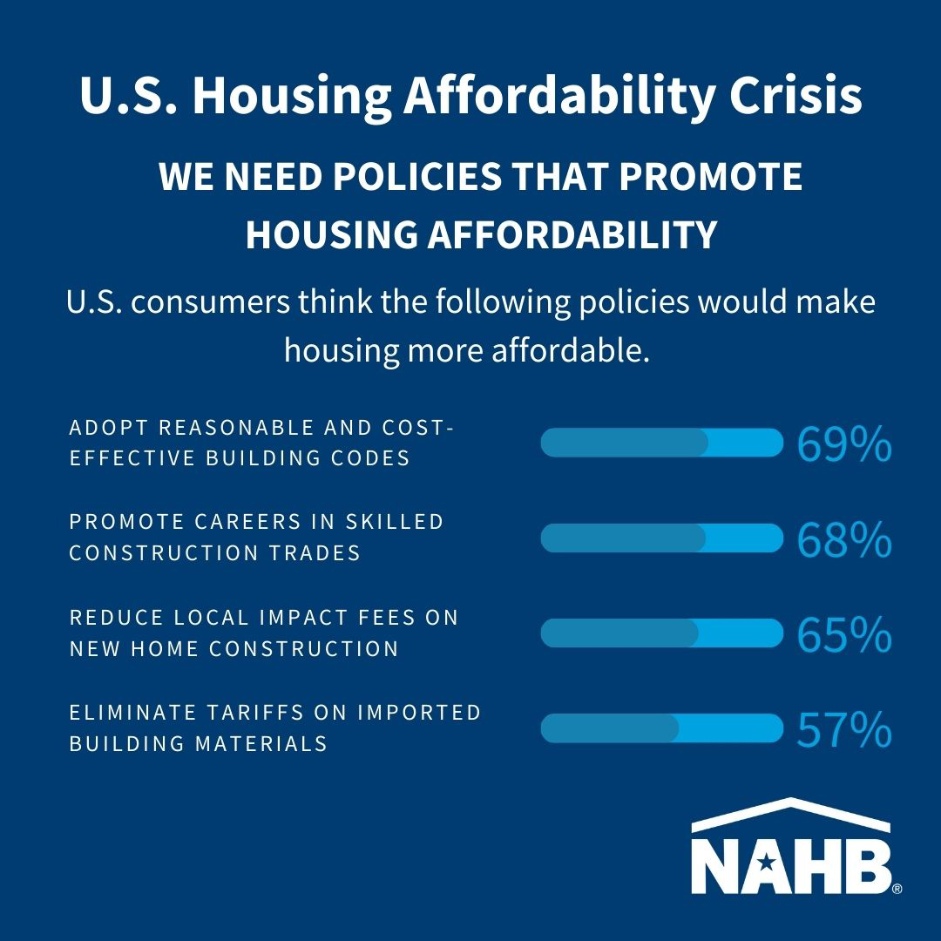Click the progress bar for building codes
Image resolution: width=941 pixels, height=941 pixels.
pyautogui.click(x=662, y=443)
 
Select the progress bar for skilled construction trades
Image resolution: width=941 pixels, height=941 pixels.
pyautogui.click(x=662, y=538)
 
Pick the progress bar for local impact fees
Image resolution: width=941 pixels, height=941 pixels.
pyautogui.click(x=662, y=633)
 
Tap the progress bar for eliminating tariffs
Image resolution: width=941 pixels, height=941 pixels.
pyautogui.click(x=662, y=728)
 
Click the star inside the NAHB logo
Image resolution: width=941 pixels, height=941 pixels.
pyautogui.click(x=766, y=863)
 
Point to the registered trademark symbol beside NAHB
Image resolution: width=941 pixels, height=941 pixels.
pyautogui.click(x=897, y=889)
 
